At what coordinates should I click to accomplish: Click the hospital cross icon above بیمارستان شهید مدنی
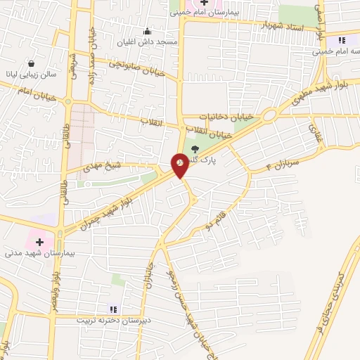[39, 241]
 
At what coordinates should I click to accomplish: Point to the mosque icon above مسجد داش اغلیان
[147, 30]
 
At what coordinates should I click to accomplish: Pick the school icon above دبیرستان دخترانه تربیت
[112, 309]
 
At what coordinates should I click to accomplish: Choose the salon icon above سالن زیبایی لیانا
[30, 63]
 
